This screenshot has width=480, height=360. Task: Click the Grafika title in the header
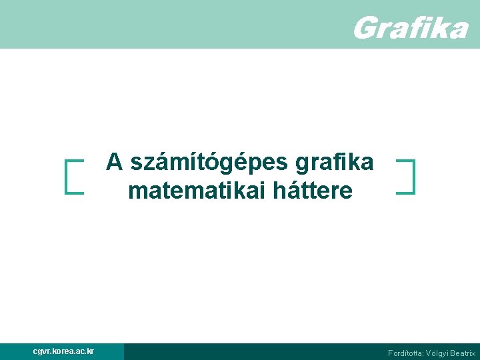click(409, 28)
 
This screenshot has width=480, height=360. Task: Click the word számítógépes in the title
click(209, 162)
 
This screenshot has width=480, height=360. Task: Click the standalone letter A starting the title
click(115, 162)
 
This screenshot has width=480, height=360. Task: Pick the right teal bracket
click(411, 176)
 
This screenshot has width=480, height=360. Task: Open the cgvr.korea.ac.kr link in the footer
click(63, 351)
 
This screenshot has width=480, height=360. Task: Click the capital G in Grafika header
click(363, 28)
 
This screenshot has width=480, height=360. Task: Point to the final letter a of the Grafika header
click(458, 29)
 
